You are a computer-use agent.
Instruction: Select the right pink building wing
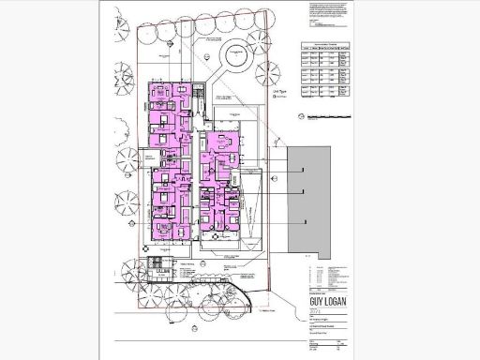click(x=219, y=183)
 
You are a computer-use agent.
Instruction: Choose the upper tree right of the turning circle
click(x=282, y=37)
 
